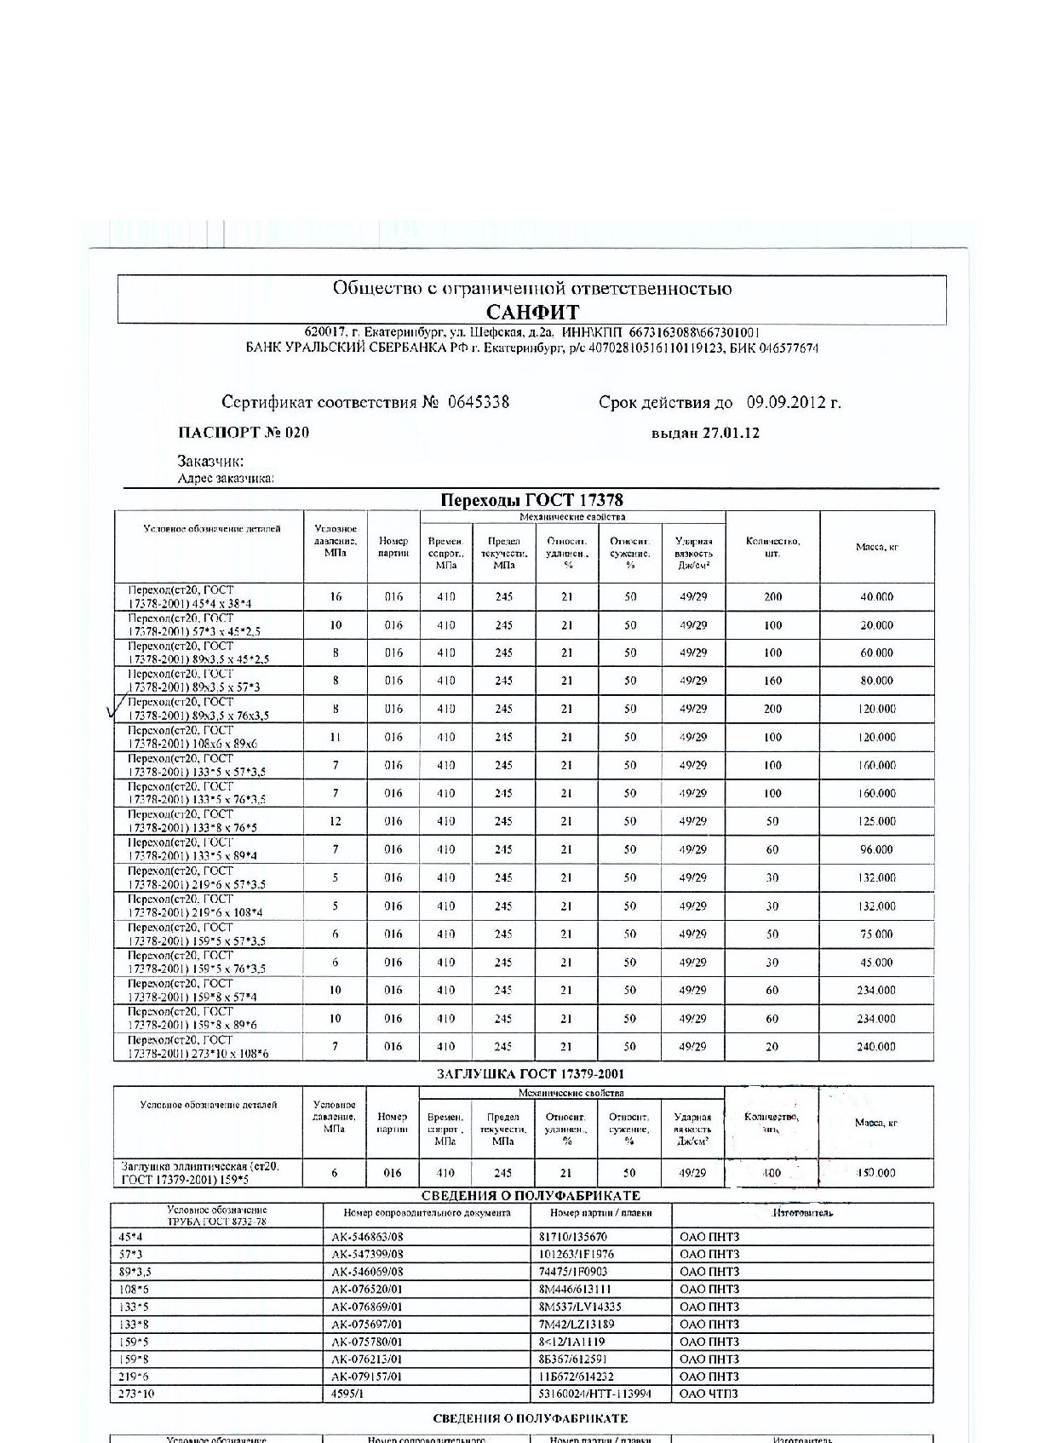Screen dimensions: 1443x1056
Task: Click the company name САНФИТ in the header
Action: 532,312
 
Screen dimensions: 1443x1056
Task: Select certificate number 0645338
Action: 478,402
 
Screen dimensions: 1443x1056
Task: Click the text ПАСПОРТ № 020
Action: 244,432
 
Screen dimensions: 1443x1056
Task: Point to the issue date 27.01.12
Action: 730,432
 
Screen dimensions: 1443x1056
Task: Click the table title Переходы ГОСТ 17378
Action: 531,500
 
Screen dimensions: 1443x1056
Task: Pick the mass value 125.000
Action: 875,821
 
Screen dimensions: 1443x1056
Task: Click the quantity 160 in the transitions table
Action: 772,681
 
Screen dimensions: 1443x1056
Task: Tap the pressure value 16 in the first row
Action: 336,597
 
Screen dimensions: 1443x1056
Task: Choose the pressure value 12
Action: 336,821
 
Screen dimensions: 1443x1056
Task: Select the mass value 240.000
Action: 875,1046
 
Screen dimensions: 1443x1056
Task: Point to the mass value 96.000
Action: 875,849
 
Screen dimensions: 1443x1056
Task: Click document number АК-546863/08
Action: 367,1237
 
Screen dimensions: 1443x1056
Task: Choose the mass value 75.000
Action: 875,934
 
